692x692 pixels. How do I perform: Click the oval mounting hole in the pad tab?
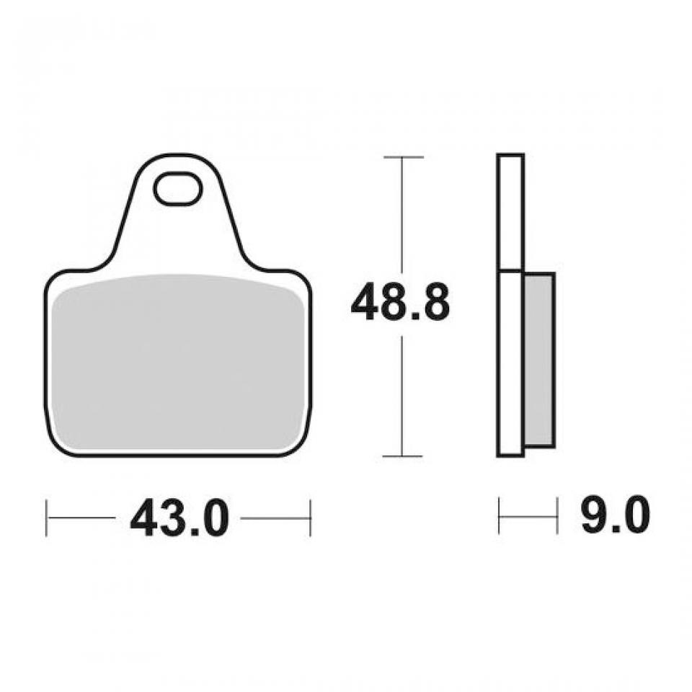coord(177,188)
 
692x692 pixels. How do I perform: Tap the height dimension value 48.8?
coord(400,303)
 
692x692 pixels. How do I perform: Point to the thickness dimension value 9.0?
coord(615,516)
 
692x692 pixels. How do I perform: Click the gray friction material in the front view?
coord(178,364)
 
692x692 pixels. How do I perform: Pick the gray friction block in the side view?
coord(538,359)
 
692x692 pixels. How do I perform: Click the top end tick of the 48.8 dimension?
coord(402,156)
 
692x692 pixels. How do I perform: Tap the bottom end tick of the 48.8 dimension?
coord(402,456)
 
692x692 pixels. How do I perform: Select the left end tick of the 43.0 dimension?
coord(47,517)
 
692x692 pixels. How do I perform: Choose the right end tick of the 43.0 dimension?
coord(310,517)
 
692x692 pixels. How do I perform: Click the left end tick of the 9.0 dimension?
coord(499,515)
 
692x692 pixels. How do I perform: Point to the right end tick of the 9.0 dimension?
coord(556,515)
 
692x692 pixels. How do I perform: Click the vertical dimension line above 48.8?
coord(402,216)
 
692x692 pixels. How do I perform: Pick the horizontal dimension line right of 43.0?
coord(275,517)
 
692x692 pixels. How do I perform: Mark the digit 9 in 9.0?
coord(595,516)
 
